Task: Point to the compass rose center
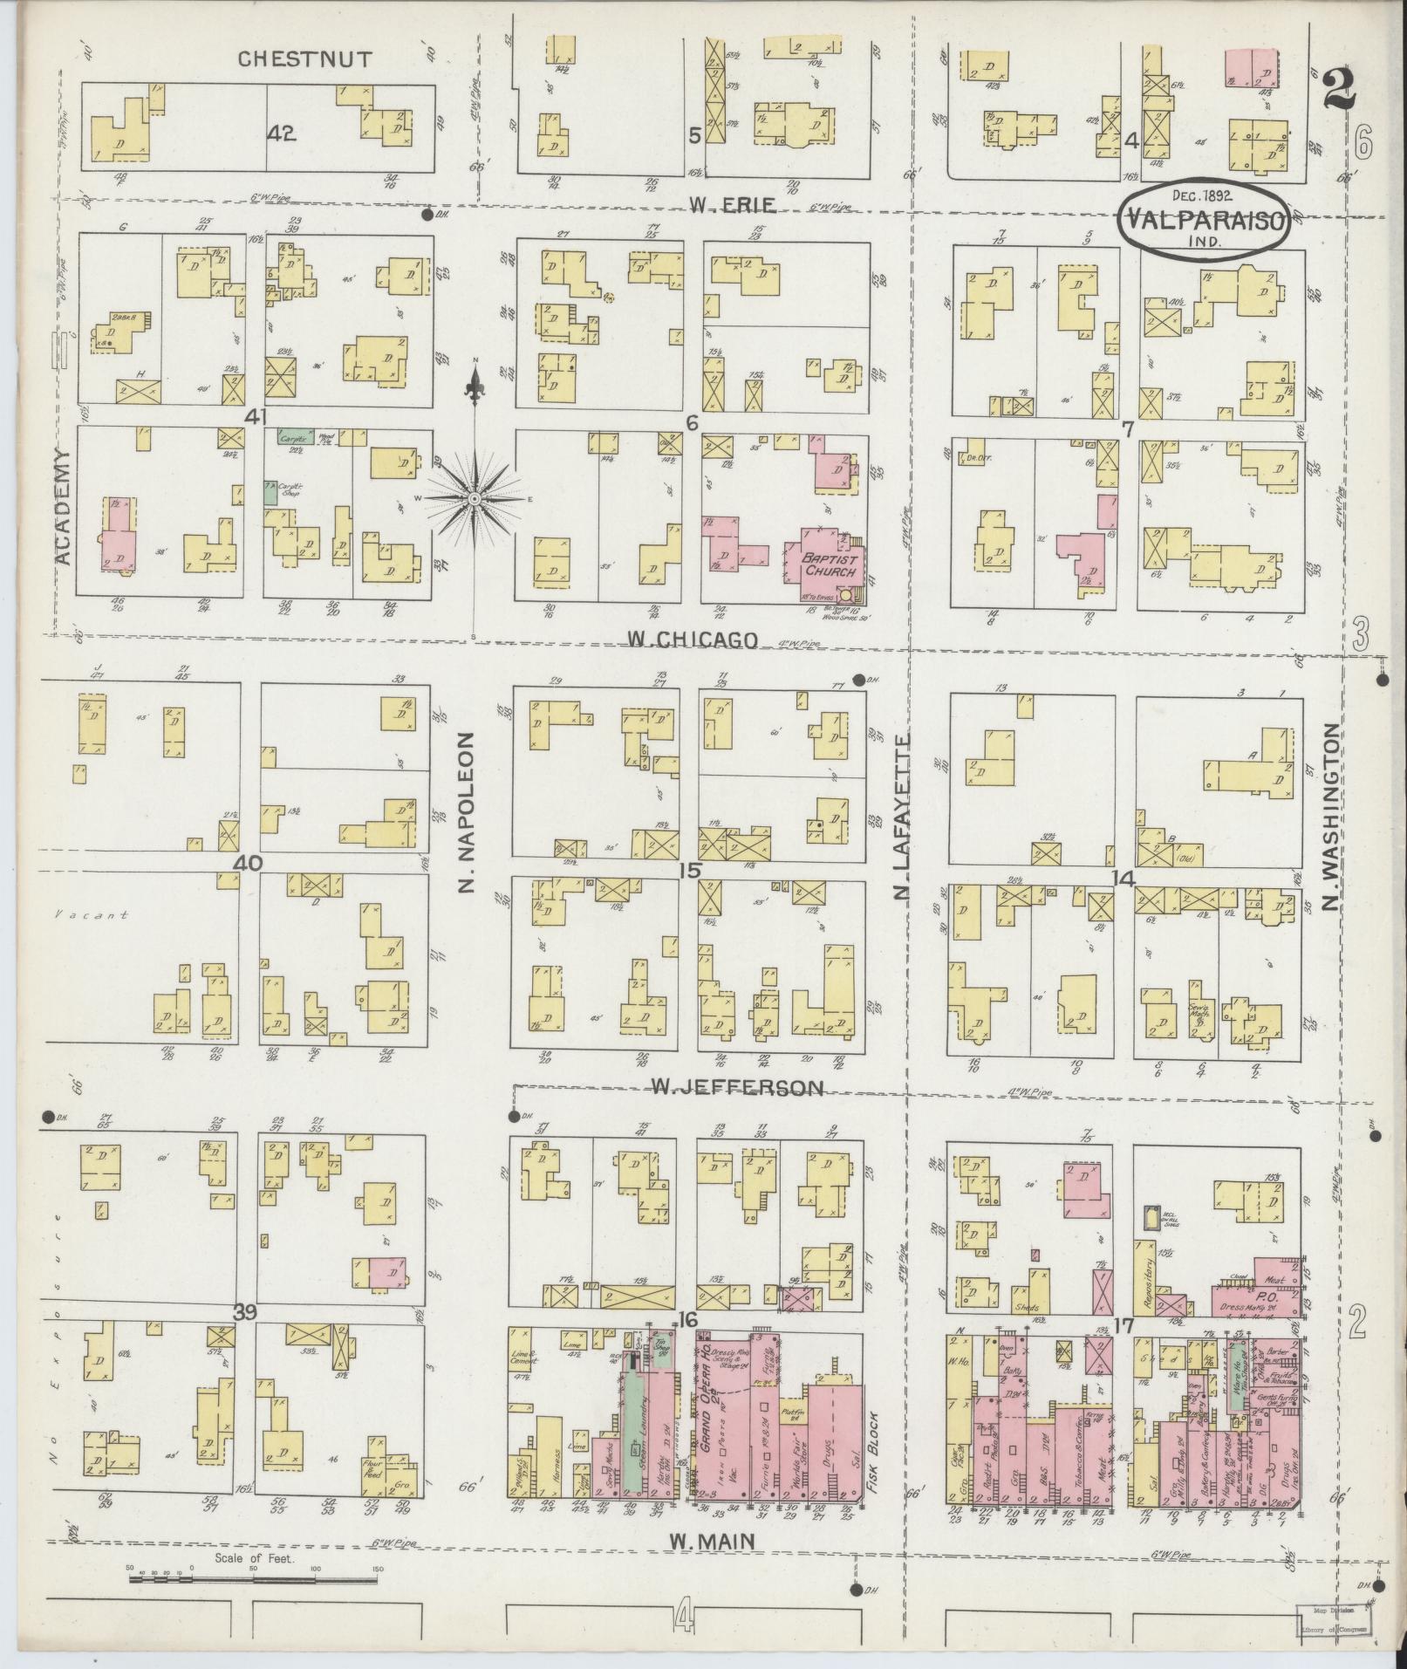click(474, 498)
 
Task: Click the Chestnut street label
click(305, 59)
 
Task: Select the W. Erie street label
click(732, 206)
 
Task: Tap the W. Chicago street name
click(692, 640)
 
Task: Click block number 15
click(692, 870)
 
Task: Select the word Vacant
click(88, 915)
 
